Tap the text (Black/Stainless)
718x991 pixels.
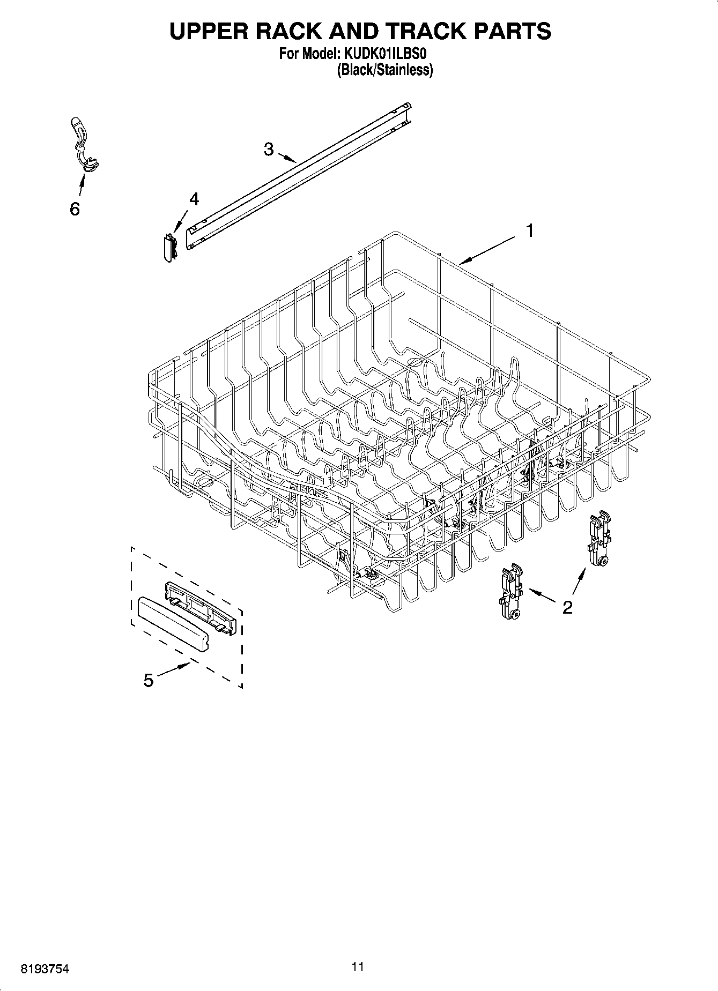(384, 70)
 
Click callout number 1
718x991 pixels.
(529, 231)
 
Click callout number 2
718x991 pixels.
(567, 607)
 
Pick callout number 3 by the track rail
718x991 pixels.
(269, 149)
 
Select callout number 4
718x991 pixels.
(194, 199)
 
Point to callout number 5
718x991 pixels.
(149, 681)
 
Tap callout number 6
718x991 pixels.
(75, 209)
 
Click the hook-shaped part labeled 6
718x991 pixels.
(83, 145)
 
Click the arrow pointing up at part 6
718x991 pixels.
(81, 185)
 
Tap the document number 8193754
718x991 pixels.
(45, 969)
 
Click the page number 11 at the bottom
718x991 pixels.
(358, 967)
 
